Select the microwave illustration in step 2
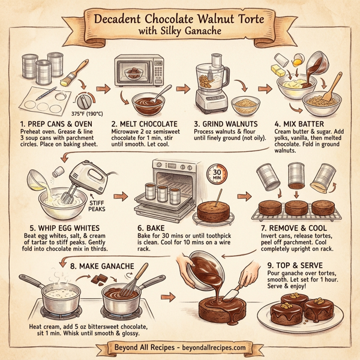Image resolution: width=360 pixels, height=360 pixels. (139, 73)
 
